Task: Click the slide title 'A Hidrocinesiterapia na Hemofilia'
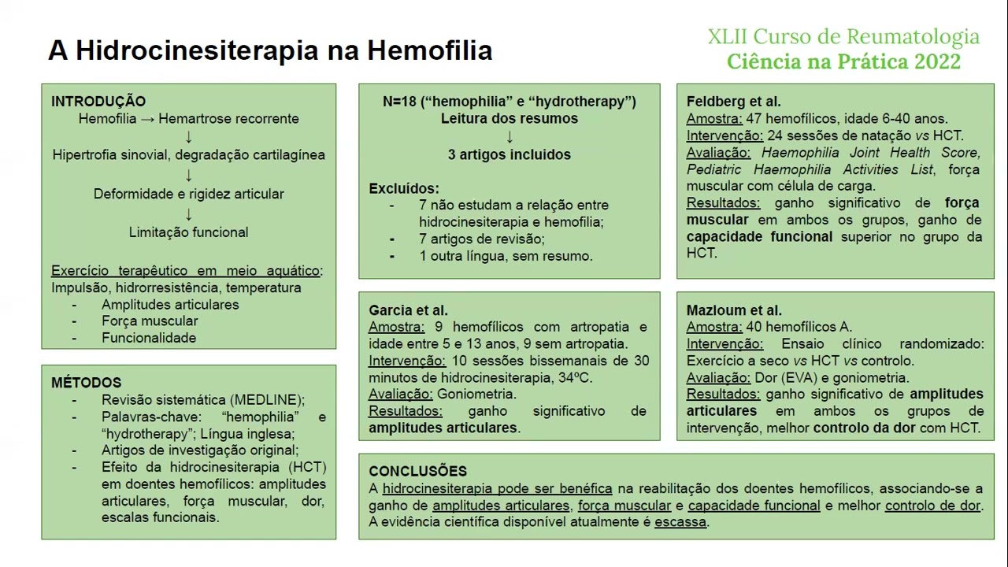[x=270, y=51]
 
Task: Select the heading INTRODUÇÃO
[x=98, y=102]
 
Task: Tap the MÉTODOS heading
[x=86, y=383]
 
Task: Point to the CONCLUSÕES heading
[x=417, y=471]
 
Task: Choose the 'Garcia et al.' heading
[x=408, y=310]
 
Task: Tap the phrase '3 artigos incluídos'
[x=510, y=154]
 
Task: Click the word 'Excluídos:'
[x=404, y=189]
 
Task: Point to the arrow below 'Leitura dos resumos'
[x=510, y=137]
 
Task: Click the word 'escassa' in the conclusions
[x=680, y=522]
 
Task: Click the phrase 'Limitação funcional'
[x=188, y=232]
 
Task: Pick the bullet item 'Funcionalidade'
[x=149, y=338]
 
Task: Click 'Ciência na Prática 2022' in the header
[x=843, y=61]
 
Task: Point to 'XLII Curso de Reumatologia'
[x=843, y=37]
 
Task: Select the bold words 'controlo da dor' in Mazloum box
[x=864, y=428]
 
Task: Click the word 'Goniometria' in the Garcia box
[x=476, y=394]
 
